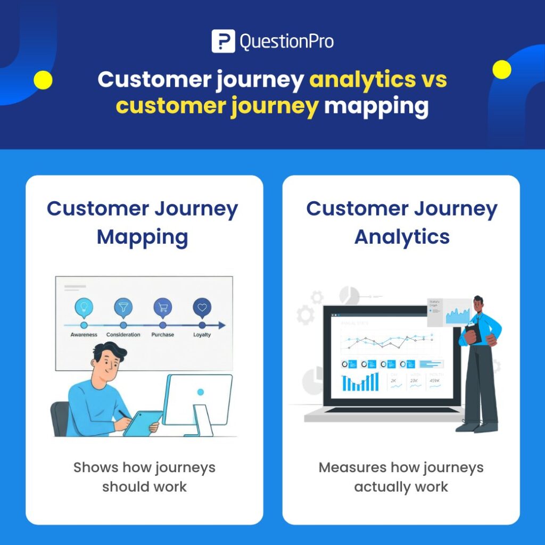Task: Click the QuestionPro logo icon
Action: (223, 42)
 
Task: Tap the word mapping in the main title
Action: (376, 106)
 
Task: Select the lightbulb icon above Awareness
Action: (84, 307)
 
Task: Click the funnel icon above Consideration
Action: (123, 307)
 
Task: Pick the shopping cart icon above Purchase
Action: (163, 307)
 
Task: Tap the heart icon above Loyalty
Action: (202, 307)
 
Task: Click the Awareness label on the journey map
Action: (84, 335)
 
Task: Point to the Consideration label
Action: (123, 335)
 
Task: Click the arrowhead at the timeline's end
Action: (222, 325)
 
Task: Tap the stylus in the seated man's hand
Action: (125, 415)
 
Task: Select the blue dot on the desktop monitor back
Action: (201, 392)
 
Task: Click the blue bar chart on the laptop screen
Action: (360, 382)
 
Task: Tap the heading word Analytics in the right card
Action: (402, 237)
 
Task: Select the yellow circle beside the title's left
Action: (43, 80)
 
